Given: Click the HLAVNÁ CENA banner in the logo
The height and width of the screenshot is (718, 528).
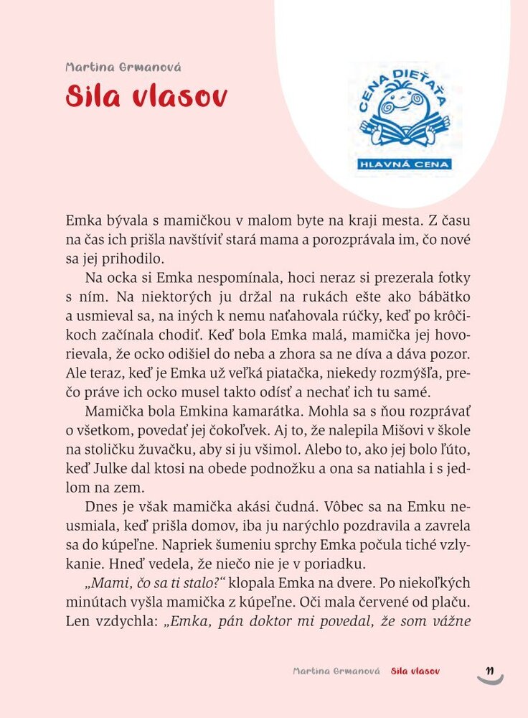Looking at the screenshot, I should pos(405,164).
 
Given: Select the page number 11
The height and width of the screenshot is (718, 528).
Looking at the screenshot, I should pos(491,671).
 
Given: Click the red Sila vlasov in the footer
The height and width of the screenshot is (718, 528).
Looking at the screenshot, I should pos(415,671).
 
